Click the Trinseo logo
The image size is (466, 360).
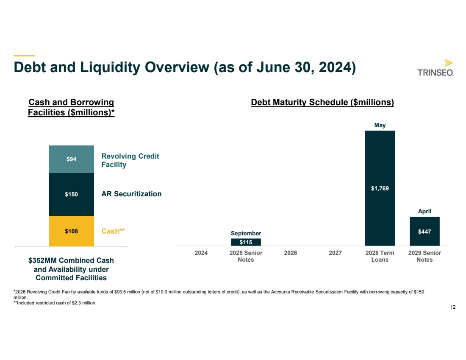coord(435,68)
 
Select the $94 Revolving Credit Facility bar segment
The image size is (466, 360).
coord(71,159)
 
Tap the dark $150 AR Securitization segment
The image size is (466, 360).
coord(71,194)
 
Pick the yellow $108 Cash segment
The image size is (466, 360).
coord(71,231)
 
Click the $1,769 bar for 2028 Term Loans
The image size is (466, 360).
coord(380,188)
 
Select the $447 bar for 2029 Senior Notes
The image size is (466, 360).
coord(424,231)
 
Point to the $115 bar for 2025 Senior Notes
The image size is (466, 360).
coord(246,242)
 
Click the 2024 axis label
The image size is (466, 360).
coord(201,253)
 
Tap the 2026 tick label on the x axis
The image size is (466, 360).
coord(291,253)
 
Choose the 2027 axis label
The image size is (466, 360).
coord(335,253)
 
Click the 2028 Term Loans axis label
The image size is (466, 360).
coord(380,256)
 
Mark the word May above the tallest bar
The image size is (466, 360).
coord(380,126)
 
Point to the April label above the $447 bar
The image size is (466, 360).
coord(424,211)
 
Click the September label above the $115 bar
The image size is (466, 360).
coord(246,233)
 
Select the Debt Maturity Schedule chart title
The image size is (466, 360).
coord(322,103)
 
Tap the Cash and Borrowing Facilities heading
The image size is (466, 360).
coord(71,107)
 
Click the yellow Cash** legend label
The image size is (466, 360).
coord(114,231)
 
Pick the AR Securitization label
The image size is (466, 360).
coord(131,194)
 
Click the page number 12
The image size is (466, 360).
coord(453,307)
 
